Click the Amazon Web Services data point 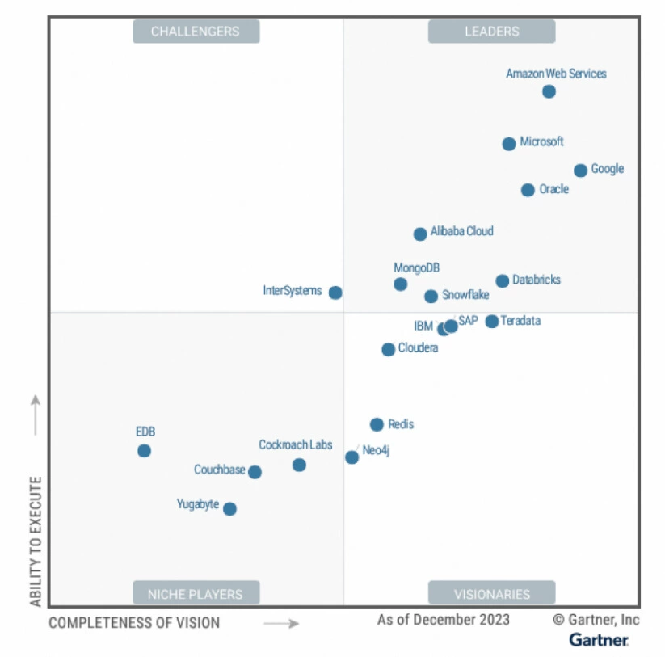(549, 91)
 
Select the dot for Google (580, 171)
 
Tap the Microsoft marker (508, 144)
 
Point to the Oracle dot (528, 190)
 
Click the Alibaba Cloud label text (461, 231)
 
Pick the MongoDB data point (400, 284)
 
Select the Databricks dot (502, 281)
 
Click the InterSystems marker (335, 293)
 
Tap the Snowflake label (465, 295)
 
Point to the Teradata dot (491, 322)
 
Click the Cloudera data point (388, 350)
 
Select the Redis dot (377, 425)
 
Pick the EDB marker (144, 451)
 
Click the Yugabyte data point (229, 509)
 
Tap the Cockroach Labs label (295, 444)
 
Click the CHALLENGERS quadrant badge (196, 32)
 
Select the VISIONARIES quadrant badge (491, 594)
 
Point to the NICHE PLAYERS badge (196, 594)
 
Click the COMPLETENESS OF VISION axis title (134, 623)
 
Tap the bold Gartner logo (599, 640)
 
